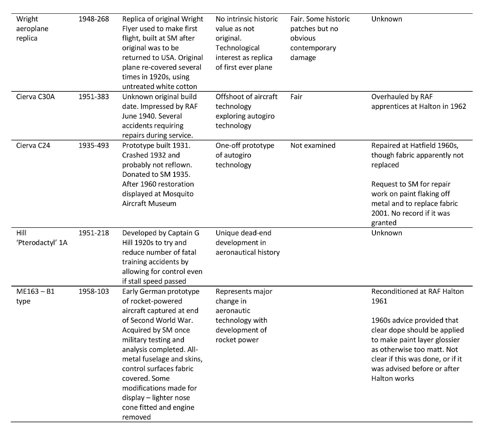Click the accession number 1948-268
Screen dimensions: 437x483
(x=93, y=19)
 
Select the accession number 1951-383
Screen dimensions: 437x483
(x=93, y=97)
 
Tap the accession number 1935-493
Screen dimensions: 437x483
(x=93, y=146)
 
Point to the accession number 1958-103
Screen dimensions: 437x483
(x=93, y=291)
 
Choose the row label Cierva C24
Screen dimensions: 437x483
(x=33, y=146)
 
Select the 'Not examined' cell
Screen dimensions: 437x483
(x=312, y=146)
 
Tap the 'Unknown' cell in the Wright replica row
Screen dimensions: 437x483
(x=386, y=19)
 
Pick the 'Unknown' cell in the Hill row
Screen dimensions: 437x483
(x=386, y=233)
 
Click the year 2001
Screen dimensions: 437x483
(x=380, y=213)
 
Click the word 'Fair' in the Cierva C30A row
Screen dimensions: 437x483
(x=296, y=97)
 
